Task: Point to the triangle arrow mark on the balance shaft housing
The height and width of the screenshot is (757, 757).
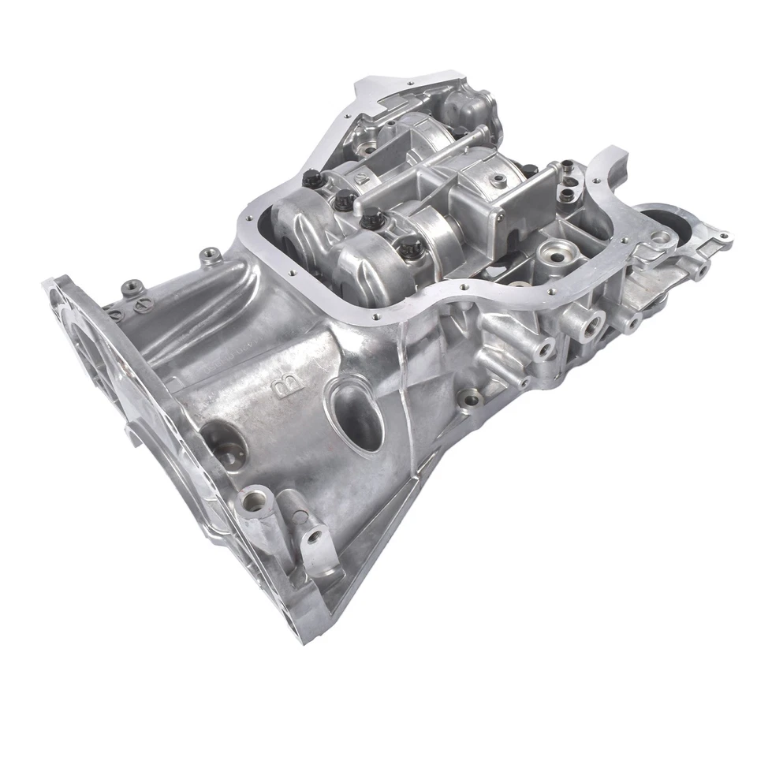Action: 359,179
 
